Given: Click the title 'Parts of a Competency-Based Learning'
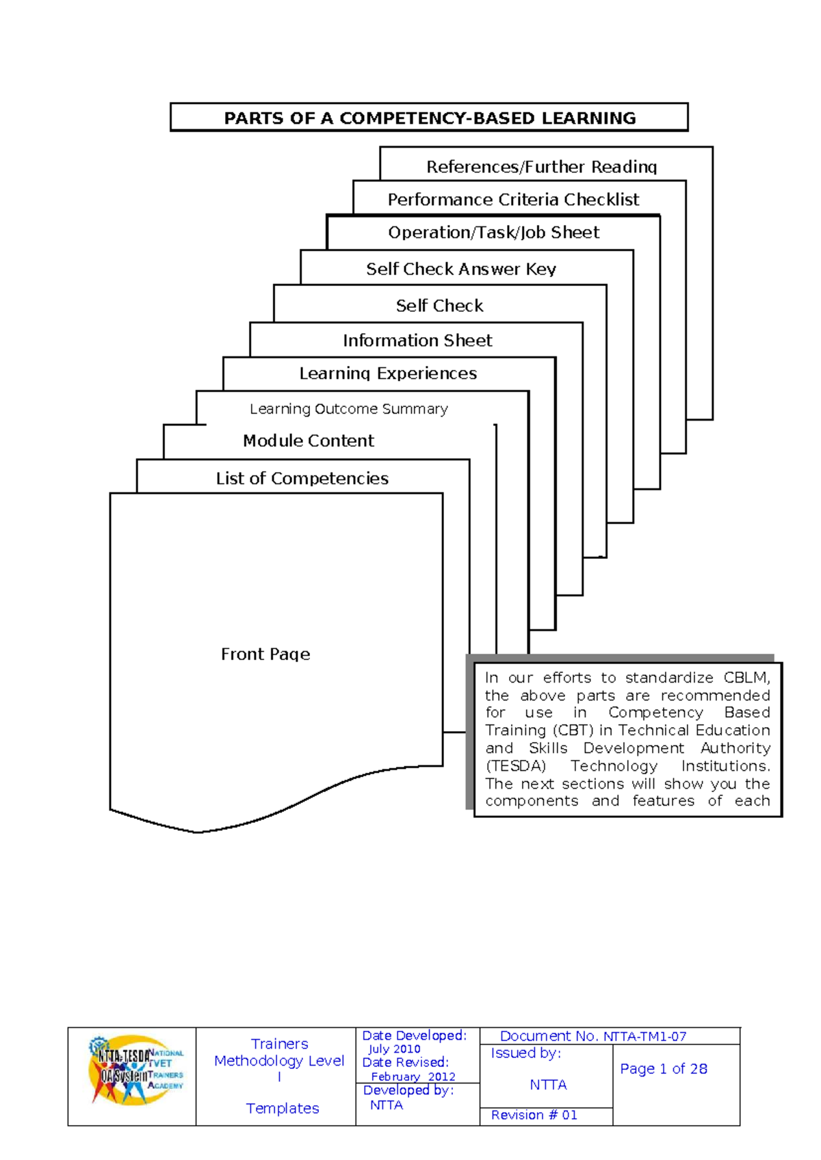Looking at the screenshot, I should pyautogui.click(x=430, y=118).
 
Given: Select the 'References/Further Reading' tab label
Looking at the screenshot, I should pyautogui.click(x=541, y=167).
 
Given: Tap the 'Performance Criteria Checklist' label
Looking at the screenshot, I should pyautogui.click(x=513, y=200).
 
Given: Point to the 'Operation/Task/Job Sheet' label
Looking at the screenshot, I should pyautogui.click(x=493, y=233).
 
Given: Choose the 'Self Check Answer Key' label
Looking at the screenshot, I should pyautogui.click(x=461, y=269).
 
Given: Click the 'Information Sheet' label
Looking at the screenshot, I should pyautogui.click(x=417, y=341).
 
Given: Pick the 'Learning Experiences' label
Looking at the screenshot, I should pyautogui.click(x=388, y=373).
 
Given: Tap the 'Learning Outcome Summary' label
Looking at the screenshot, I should pyautogui.click(x=348, y=409).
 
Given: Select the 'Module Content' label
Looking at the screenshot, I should pyautogui.click(x=308, y=440).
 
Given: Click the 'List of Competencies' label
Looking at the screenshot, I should pyautogui.click(x=302, y=478).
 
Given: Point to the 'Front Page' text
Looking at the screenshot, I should pyautogui.click(x=265, y=655).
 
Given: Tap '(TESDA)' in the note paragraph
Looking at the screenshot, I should pyautogui.click(x=516, y=766).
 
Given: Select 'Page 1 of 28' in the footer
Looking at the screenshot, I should pyautogui.click(x=664, y=1069).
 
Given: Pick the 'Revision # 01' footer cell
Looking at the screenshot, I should pyautogui.click(x=534, y=1115).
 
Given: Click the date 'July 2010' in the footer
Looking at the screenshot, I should pyautogui.click(x=394, y=1049).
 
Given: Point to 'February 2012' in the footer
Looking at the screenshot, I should pyautogui.click(x=413, y=1077).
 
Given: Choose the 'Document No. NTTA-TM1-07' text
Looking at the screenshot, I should pyautogui.click(x=592, y=1036).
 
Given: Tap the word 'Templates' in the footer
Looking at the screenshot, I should pyautogui.click(x=282, y=1108).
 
